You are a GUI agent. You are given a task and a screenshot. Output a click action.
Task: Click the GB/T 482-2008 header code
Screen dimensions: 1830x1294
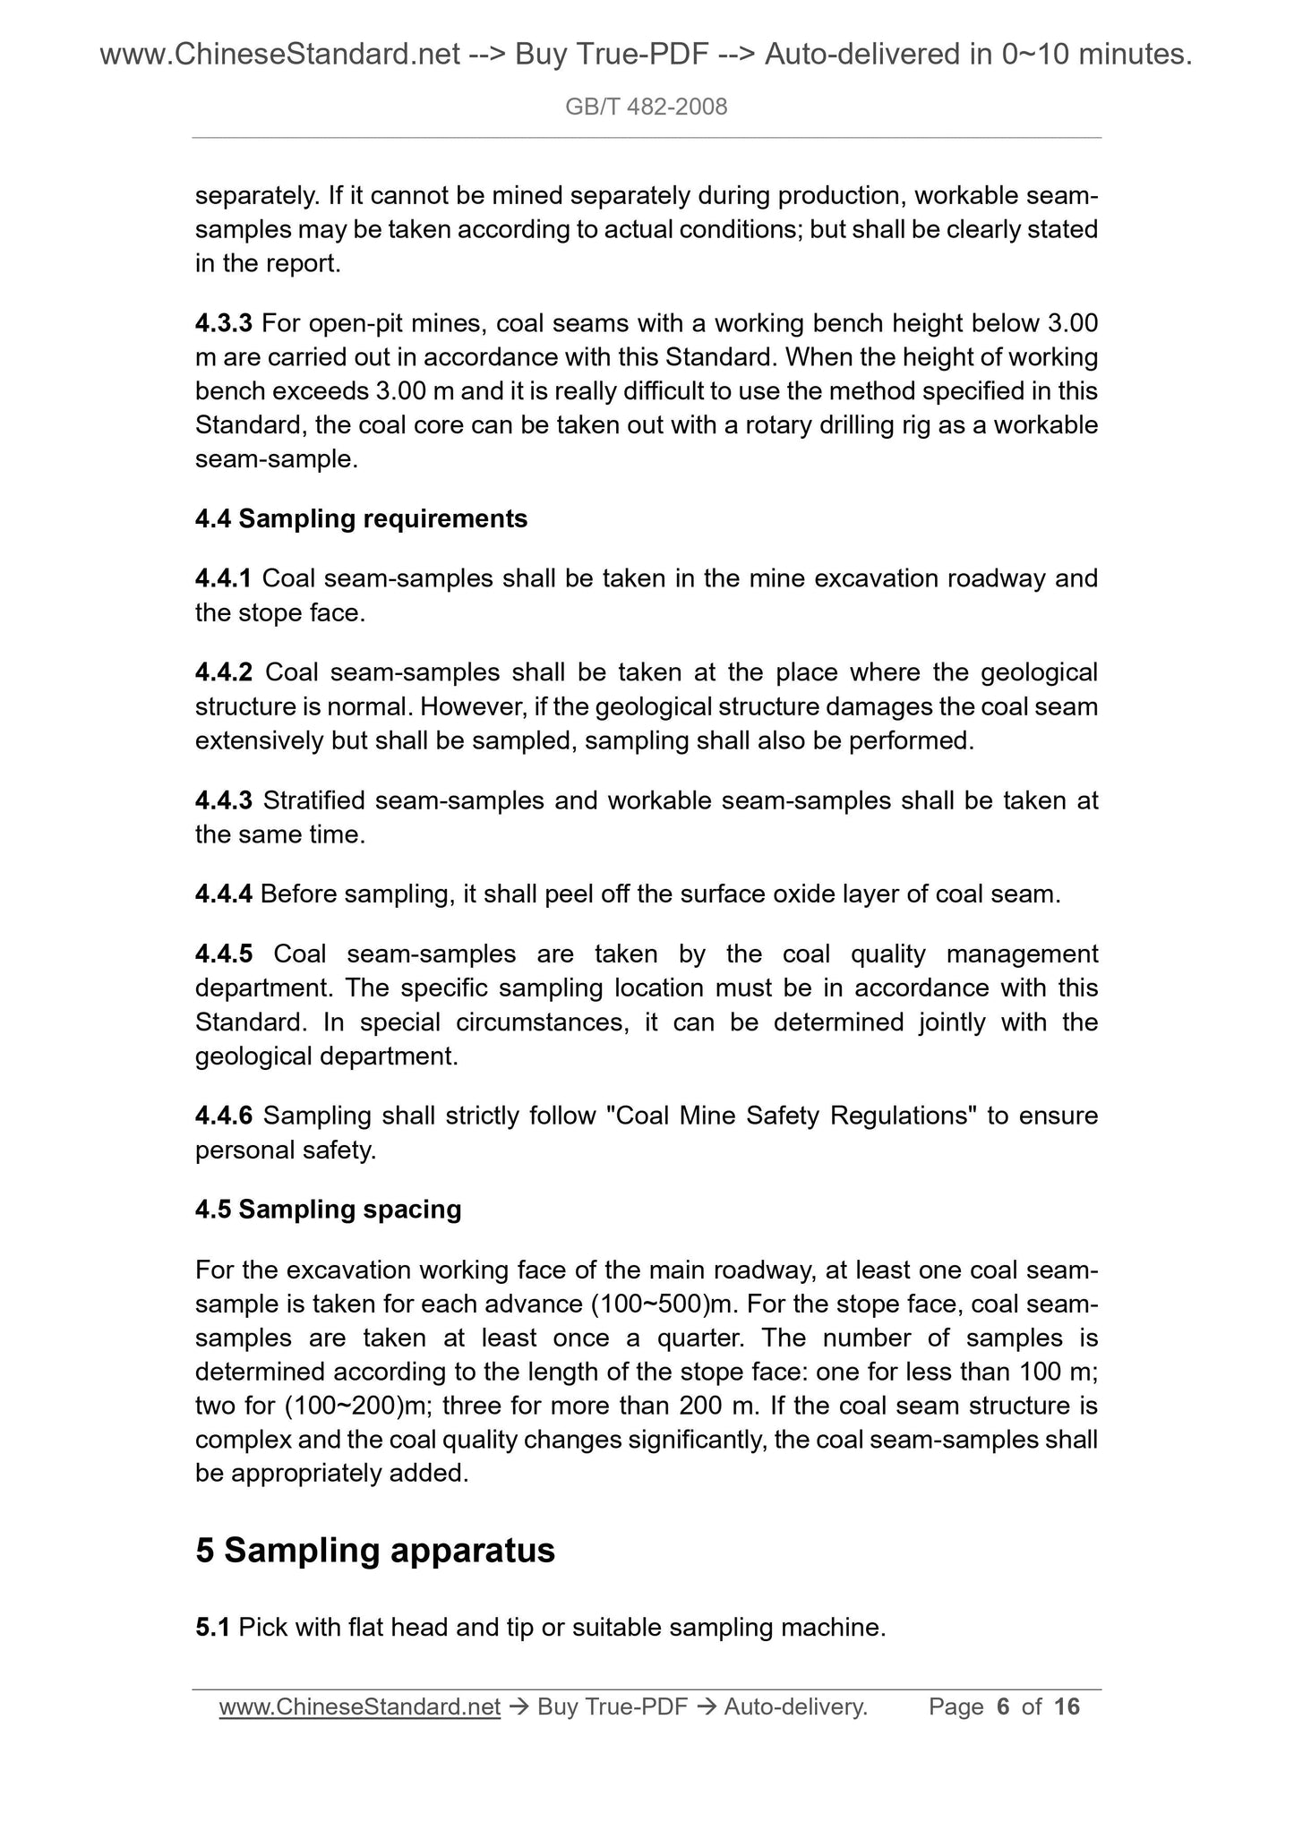click(646, 107)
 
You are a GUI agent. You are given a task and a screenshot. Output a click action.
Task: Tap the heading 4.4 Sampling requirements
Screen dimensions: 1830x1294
click(361, 519)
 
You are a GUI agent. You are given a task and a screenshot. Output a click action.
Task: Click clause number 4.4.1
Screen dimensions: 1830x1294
click(224, 579)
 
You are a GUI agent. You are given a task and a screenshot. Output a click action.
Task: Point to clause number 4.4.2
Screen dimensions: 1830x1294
click(224, 672)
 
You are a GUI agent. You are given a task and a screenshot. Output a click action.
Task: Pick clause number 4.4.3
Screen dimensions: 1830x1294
click(224, 800)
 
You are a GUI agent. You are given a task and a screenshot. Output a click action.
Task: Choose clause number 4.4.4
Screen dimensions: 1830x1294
click(224, 894)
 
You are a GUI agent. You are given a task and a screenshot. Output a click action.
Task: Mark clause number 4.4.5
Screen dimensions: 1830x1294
click(224, 954)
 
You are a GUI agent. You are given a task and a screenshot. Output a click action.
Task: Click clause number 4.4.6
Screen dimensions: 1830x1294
click(224, 1116)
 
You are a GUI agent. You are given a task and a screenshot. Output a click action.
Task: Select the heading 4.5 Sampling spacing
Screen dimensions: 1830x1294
click(328, 1210)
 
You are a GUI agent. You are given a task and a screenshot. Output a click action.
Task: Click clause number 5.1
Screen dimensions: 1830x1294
click(213, 1628)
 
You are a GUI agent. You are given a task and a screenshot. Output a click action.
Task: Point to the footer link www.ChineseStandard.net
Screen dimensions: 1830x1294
click(359, 1707)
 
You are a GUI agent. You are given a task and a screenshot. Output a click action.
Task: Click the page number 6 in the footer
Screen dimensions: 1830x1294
click(1003, 1707)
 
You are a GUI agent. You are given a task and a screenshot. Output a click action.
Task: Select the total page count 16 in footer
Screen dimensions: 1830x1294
click(1067, 1707)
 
